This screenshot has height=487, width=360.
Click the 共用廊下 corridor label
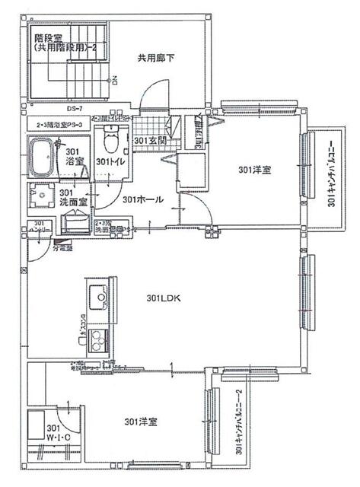click(156, 57)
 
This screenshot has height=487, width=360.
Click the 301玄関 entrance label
click(149, 142)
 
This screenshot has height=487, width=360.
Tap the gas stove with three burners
click(99, 340)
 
